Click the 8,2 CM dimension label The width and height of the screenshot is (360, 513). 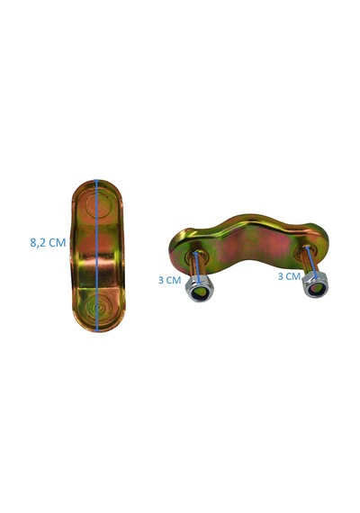pos(48,242)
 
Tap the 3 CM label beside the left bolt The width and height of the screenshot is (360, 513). pos(169,281)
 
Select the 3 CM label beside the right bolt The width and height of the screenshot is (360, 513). pos(289,276)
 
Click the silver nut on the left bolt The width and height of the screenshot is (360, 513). pos(199,288)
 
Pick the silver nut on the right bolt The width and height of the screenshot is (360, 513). pos(315,284)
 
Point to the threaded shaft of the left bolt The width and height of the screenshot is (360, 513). pos(197,265)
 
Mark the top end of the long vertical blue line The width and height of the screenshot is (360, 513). pos(96,180)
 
